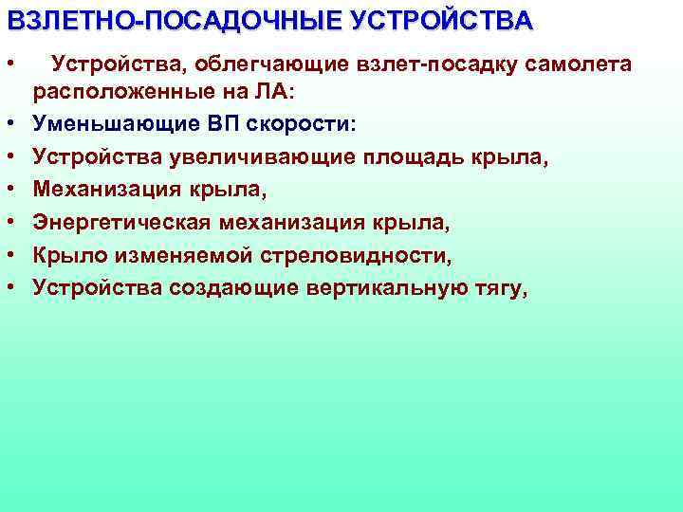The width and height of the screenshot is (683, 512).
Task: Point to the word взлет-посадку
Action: click(x=410, y=64)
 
